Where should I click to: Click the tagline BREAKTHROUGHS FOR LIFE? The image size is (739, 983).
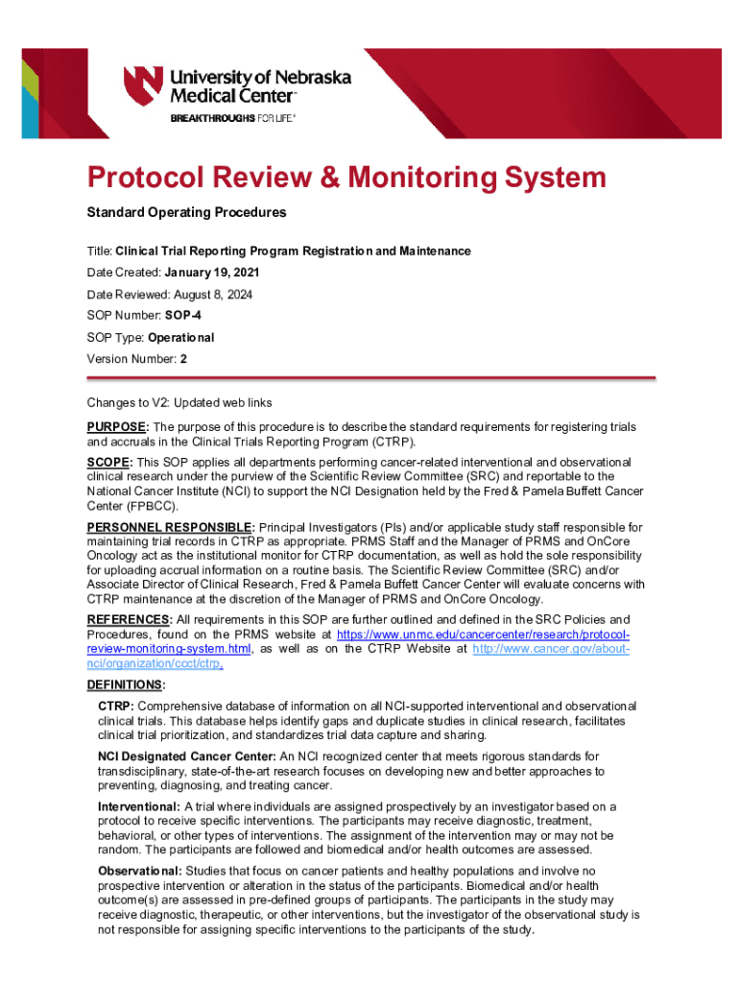[233, 118]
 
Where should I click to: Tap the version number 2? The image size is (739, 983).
[170, 359]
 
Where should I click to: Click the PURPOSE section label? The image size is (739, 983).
[117, 426]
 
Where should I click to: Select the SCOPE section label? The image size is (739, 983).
[110, 463]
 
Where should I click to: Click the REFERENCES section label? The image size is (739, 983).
[131, 619]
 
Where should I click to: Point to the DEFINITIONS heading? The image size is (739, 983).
[125, 684]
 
